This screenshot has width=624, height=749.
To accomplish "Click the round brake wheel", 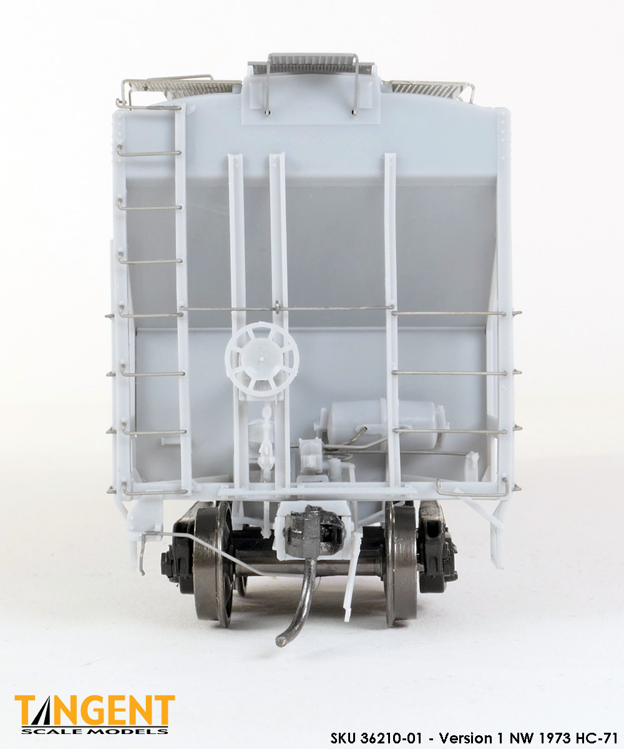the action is coord(262,359).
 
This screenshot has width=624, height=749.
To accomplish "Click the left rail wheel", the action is coord(213,564).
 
